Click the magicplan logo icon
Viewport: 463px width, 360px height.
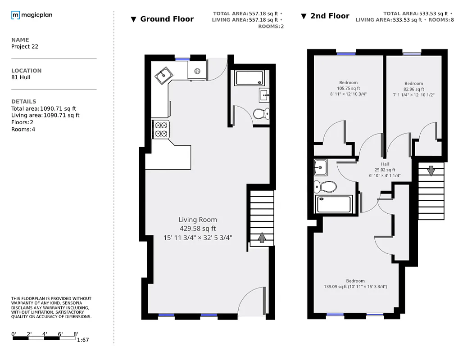(x=15, y=15)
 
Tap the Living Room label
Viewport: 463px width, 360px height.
(x=198, y=220)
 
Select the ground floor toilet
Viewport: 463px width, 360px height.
(x=261, y=113)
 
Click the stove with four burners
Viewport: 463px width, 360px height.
(x=161, y=129)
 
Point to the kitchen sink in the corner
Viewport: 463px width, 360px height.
(x=163, y=76)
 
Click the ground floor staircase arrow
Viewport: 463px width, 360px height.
(x=262, y=237)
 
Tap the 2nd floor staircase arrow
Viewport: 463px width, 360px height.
(x=431, y=171)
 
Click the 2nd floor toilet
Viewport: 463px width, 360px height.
(x=326, y=186)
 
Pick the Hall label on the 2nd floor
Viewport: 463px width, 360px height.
(x=385, y=164)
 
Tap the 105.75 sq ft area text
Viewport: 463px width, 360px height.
(x=349, y=88)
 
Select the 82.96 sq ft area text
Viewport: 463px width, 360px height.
(x=413, y=89)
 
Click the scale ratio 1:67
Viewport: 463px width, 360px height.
(x=83, y=340)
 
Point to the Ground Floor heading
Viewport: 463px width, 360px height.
(x=167, y=19)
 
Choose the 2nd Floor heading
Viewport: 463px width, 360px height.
(x=330, y=16)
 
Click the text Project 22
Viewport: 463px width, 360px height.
(x=25, y=46)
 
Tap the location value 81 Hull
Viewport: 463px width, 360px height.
(x=21, y=77)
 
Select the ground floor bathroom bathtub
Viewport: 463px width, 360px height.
(x=249, y=78)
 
